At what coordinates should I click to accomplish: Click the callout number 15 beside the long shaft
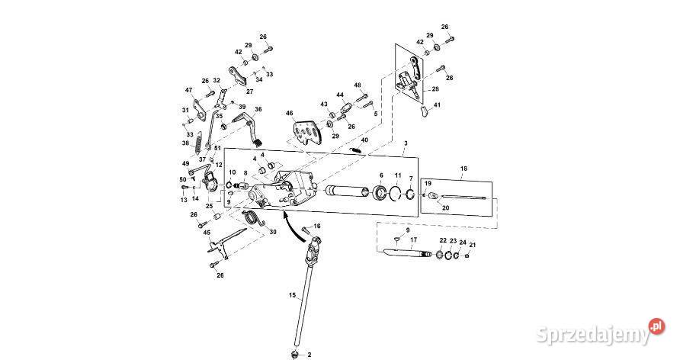291,294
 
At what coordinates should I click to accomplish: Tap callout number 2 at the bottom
310,355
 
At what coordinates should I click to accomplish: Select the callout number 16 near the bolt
317,227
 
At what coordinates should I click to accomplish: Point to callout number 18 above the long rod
463,167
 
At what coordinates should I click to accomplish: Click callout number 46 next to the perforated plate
290,114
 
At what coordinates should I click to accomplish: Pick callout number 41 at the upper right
437,105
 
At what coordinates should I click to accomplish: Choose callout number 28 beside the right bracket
436,89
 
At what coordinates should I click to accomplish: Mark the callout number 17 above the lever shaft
414,239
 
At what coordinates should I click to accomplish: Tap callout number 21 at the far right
473,245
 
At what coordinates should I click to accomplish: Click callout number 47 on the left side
189,90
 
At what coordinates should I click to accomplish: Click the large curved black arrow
290,224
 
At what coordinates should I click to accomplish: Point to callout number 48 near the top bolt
358,85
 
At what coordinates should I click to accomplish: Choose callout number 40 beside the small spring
364,140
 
